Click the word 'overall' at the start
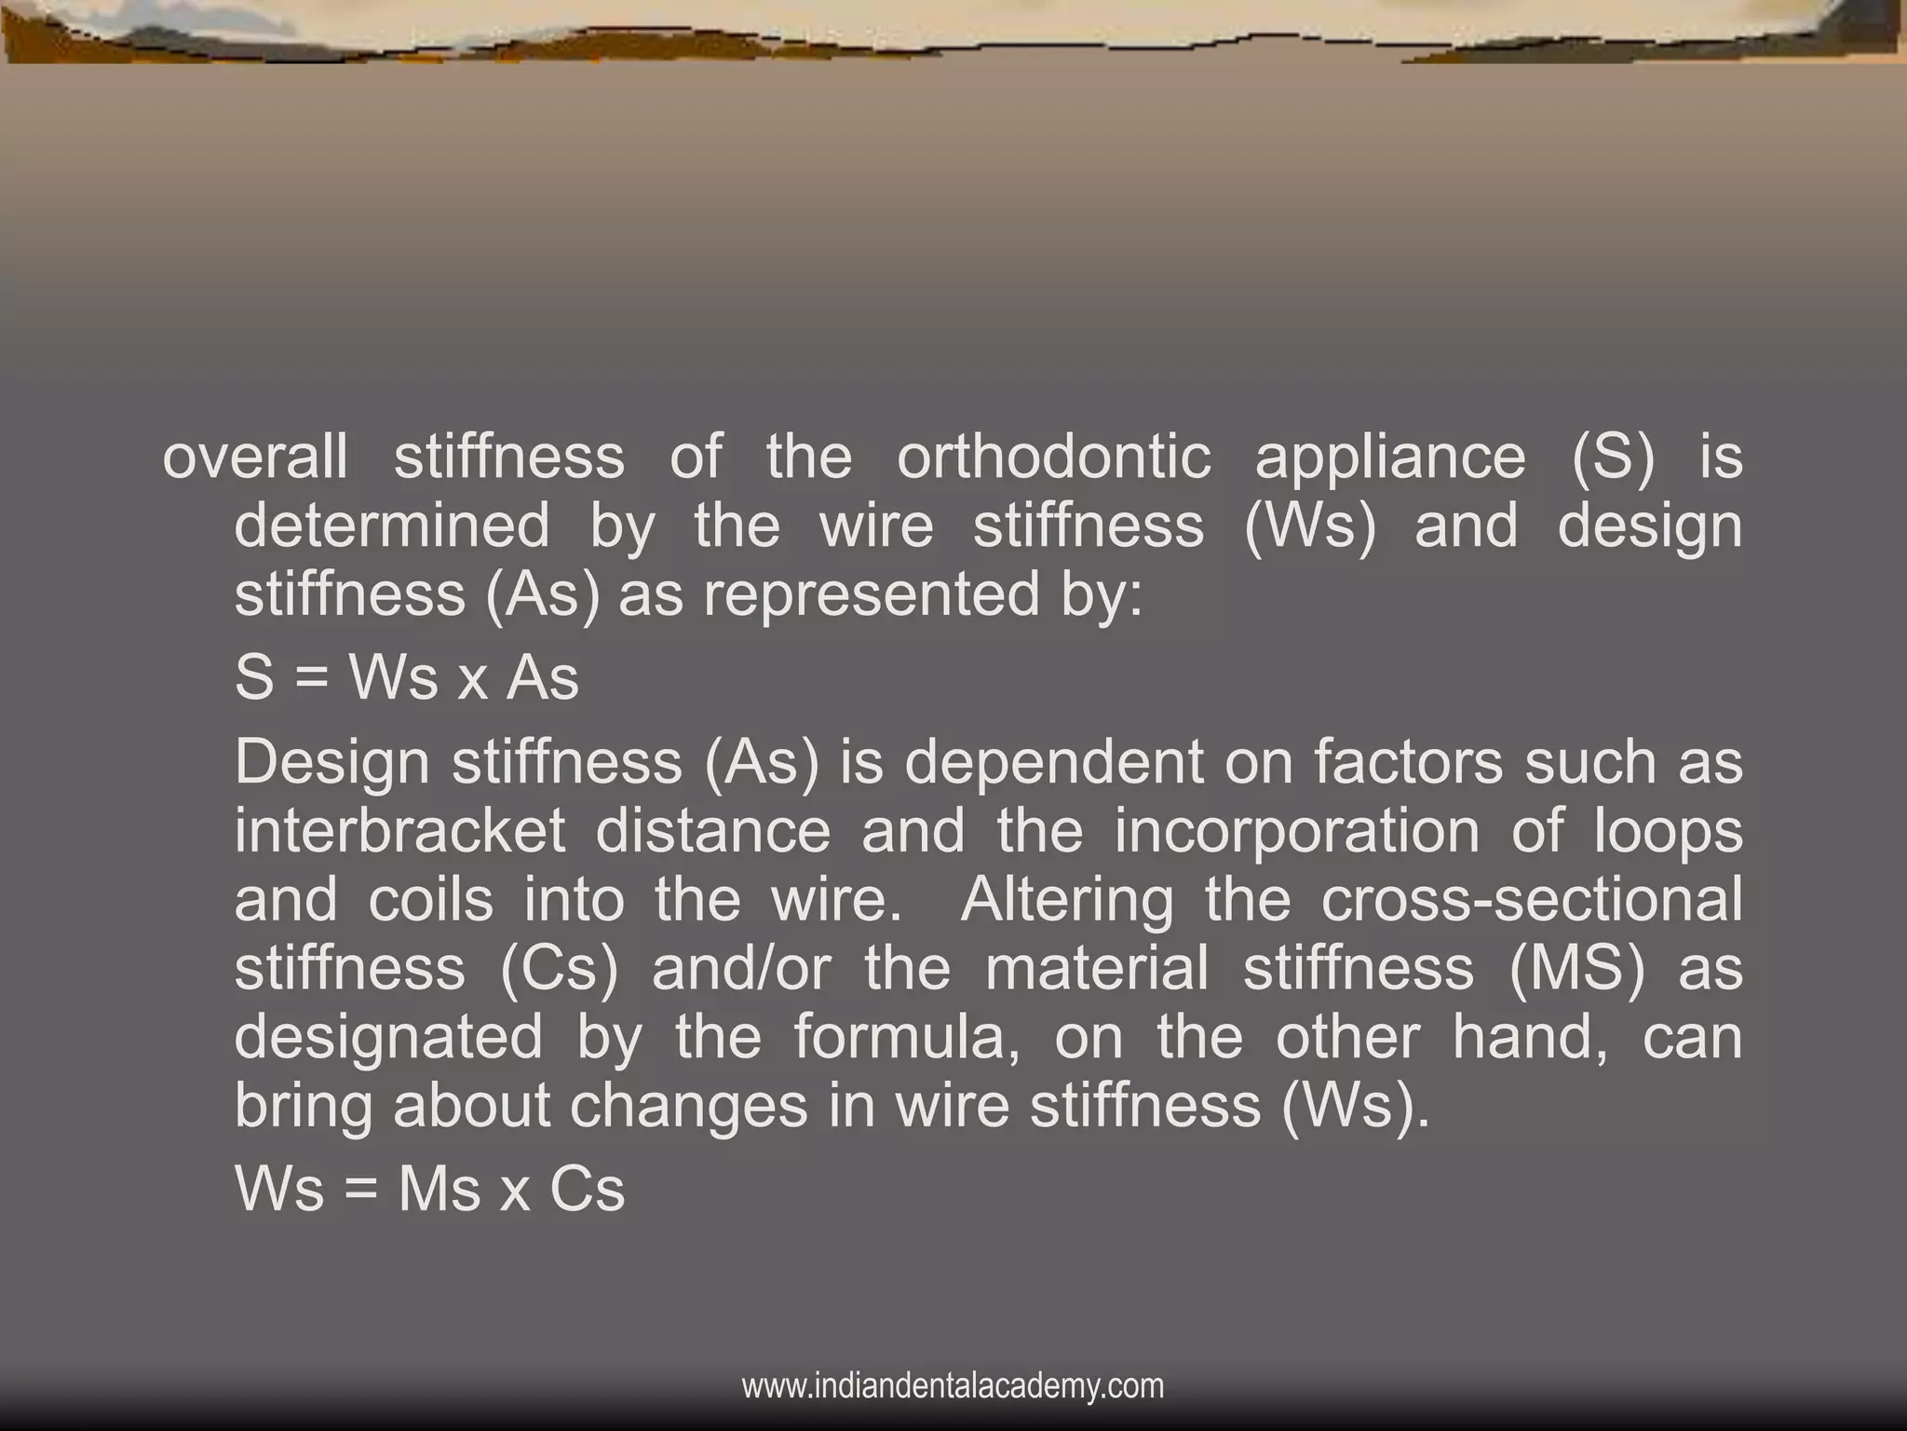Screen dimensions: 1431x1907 click(255, 457)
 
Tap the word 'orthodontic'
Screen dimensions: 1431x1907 click(1054, 457)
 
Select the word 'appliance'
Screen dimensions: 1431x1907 click(1390, 457)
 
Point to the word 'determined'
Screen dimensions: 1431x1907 click(392, 525)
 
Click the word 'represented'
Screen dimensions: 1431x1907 click(871, 595)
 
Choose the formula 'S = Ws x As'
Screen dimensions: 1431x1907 click(407, 677)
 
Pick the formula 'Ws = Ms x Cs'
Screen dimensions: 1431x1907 click(429, 1190)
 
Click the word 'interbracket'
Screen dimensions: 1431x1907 click(399, 830)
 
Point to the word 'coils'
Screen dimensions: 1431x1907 click(430, 900)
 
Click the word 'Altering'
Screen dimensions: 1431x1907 click(1066, 900)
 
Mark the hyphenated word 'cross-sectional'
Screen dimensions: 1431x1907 click(1531, 900)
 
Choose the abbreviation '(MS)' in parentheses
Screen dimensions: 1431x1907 click(1576, 968)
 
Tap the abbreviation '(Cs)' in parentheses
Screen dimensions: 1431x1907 click(559, 968)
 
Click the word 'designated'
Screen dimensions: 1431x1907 click(388, 1037)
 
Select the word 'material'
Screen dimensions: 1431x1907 click(1096, 968)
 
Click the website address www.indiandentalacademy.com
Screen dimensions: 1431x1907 click(953, 1386)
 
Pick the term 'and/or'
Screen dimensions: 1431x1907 click(741, 968)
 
